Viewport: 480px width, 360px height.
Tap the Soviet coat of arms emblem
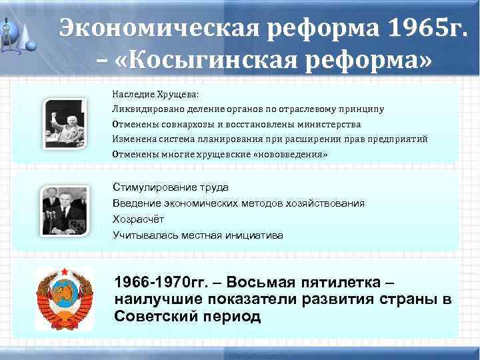(x=64, y=295)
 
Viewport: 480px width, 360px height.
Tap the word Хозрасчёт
(x=138, y=219)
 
